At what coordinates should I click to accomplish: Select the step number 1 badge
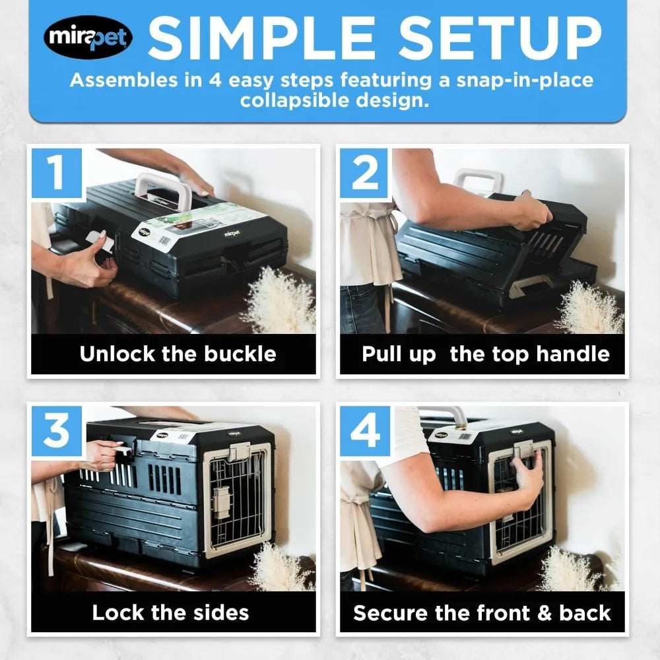tap(57, 174)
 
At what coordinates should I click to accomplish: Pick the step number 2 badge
tap(365, 174)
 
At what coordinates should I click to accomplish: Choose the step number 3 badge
tap(57, 431)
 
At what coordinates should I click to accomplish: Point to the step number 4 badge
tap(365, 431)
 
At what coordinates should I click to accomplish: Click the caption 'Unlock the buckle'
tap(178, 354)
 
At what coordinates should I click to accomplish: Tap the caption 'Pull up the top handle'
tap(485, 354)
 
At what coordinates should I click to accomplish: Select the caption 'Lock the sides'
tap(170, 612)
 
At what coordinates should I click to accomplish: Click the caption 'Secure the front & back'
tap(482, 612)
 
